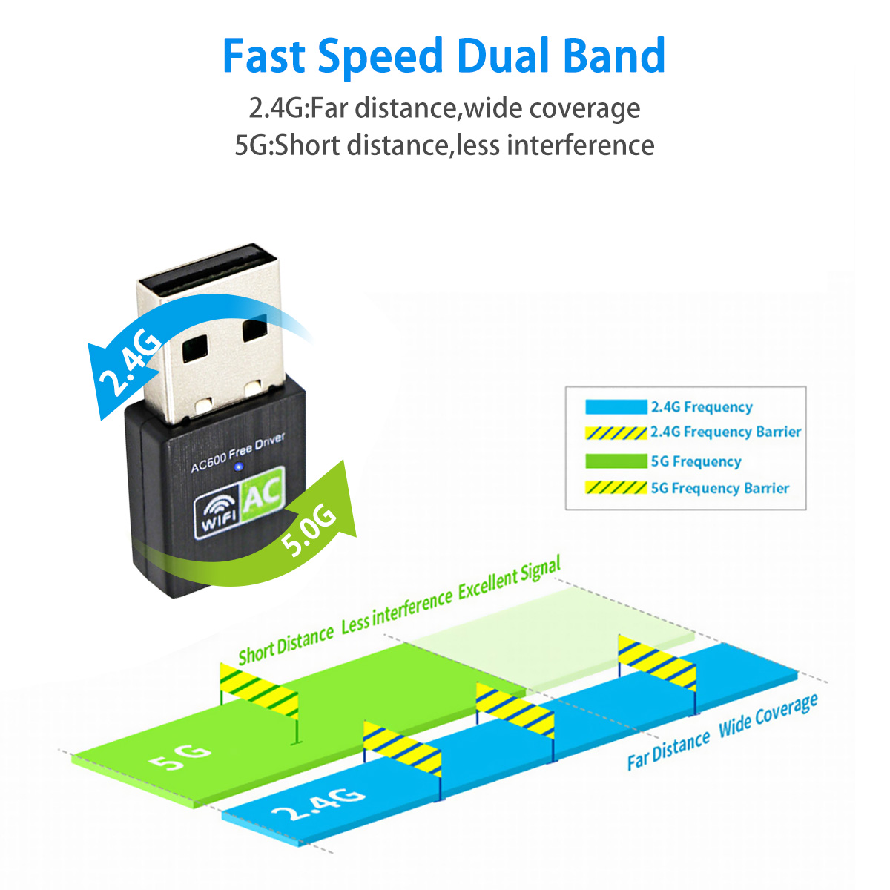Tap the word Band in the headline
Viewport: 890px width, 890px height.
pos(614,56)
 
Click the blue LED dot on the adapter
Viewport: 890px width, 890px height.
pos(238,467)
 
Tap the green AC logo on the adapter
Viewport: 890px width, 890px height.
pos(263,494)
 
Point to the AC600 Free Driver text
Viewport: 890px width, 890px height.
pos(237,452)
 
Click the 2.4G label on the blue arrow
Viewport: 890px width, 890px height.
pos(130,363)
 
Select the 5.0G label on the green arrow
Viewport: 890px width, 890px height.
pos(309,530)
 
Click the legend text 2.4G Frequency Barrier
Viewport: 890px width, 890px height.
pos(725,432)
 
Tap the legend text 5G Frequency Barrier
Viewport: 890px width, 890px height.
pos(720,488)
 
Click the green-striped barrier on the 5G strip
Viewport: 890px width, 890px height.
pos(259,691)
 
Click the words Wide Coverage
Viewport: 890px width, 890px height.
pos(768,715)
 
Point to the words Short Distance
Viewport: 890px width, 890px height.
pos(286,645)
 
